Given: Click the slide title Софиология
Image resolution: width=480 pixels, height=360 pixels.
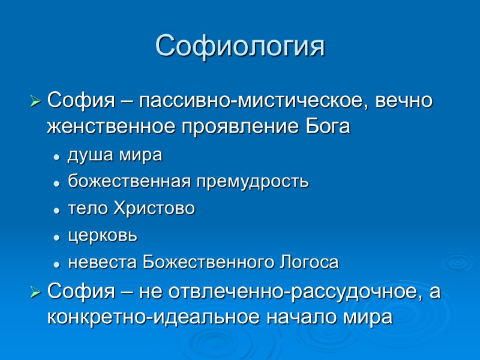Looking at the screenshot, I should point(240,46).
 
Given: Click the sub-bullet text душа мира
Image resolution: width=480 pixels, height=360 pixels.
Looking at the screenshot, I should point(115,155).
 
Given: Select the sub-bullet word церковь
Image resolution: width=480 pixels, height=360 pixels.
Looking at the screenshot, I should point(103,235).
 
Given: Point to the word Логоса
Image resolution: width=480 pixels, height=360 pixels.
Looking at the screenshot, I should point(310,262).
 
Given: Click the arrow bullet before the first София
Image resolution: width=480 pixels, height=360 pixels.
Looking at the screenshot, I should point(36,100).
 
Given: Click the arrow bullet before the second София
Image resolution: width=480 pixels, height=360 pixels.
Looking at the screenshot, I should point(36,292).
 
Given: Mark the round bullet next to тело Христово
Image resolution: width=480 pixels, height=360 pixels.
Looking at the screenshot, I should point(56,210).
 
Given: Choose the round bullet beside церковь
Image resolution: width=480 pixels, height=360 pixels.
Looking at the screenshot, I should point(56,237).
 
